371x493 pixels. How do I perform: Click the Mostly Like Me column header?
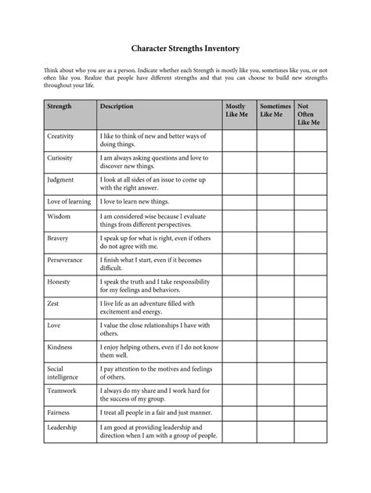[235, 110]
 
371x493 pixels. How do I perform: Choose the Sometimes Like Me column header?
[275, 110]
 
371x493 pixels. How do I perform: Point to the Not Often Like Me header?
[309, 114]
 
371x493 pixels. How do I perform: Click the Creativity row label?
[60, 135]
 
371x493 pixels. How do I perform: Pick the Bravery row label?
[58, 237]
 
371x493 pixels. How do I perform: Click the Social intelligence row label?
[63, 371]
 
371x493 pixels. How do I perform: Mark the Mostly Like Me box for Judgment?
[239, 183]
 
